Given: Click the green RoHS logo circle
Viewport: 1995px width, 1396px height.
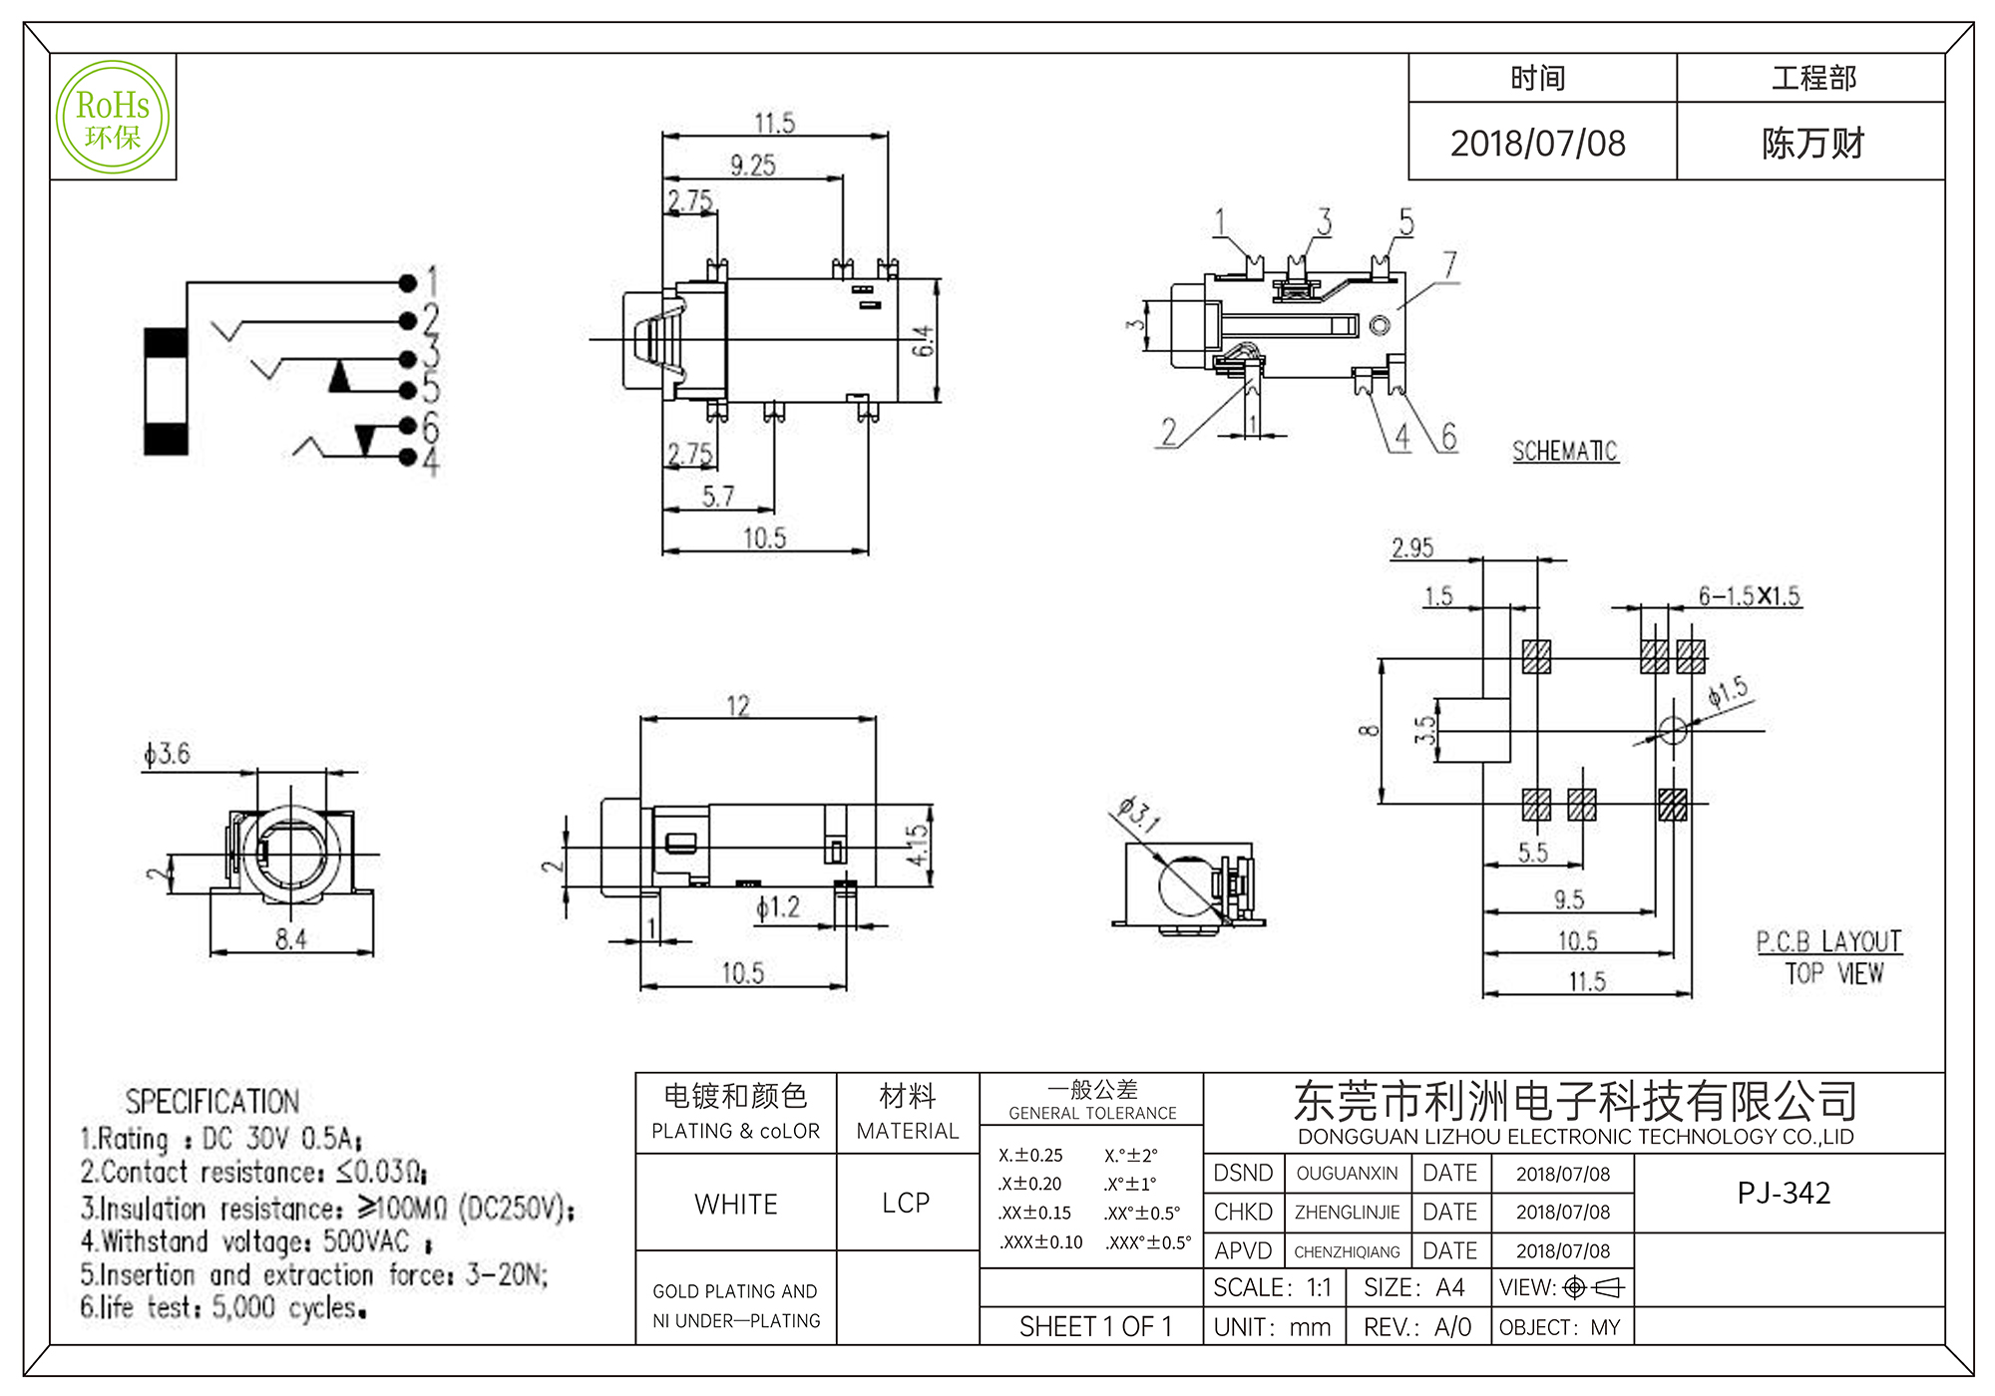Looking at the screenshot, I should [113, 118].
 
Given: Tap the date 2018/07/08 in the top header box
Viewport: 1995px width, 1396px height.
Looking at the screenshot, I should [1537, 144].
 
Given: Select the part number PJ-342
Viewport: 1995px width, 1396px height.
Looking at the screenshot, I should [1784, 1194].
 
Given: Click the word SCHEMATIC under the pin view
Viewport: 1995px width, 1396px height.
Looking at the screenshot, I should [1564, 452].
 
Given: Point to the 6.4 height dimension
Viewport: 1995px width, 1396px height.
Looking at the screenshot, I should [924, 341].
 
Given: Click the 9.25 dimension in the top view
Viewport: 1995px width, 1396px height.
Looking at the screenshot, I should [752, 166].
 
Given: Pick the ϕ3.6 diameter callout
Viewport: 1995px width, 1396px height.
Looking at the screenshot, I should [167, 754].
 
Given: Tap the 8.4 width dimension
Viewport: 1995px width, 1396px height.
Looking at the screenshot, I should [290, 938].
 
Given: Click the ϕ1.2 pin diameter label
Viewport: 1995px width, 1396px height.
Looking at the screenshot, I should [777, 907].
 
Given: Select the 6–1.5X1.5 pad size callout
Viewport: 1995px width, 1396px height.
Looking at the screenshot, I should [1749, 596].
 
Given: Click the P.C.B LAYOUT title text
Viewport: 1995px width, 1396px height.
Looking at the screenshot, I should [1828, 942].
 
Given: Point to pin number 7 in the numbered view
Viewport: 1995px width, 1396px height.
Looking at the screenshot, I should [1449, 265].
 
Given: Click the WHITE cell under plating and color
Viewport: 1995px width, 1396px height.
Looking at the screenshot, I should [736, 1205].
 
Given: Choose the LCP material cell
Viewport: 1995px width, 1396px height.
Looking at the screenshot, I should [906, 1204].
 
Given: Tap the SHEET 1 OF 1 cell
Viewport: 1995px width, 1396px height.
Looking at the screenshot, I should [1095, 1327].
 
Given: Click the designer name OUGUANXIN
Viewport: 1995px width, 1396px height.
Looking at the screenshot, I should [1347, 1174].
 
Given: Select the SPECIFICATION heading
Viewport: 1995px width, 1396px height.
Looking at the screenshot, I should [211, 1102].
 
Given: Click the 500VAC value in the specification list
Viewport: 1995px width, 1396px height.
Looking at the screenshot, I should [366, 1241].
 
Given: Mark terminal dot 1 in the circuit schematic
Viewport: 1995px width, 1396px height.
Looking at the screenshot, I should [407, 283].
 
